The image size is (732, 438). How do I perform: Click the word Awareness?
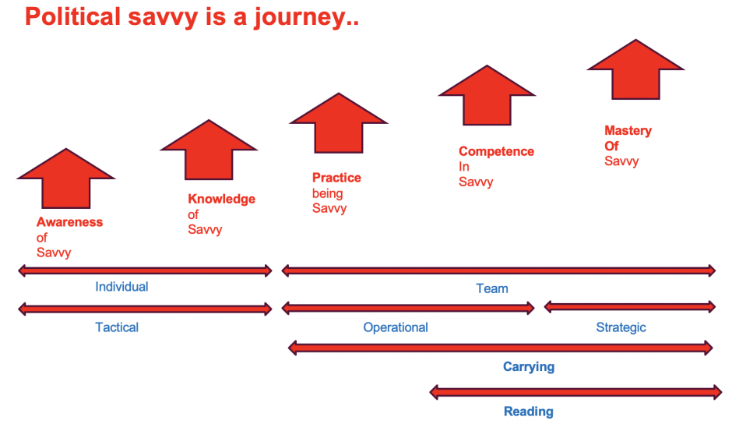click(x=69, y=222)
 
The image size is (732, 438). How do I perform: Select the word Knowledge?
click(x=221, y=200)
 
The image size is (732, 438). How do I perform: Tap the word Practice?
click(x=336, y=178)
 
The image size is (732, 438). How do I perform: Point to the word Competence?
click(x=496, y=152)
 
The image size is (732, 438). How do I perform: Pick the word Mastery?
click(x=628, y=131)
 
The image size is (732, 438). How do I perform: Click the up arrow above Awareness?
click(x=66, y=178)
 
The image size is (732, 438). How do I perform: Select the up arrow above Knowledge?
click(x=209, y=150)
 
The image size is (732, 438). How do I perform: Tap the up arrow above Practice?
click(x=339, y=123)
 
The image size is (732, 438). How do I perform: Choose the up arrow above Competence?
click(x=487, y=95)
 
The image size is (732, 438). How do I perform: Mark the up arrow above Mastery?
click(x=635, y=69)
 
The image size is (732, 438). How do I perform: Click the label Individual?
click(x=121, y=287)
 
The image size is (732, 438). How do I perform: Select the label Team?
click(x=492, y=288)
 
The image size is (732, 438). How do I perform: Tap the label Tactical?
click(x=117, y=327)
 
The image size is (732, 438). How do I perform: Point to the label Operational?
click(x=396, y=327)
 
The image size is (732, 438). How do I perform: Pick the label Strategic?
click(x=621, y=327)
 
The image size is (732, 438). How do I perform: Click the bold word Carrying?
click(x=529, y=367)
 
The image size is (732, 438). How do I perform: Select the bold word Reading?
click(x=529, y=412)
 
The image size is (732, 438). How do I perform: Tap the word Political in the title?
click(x=73, y=16)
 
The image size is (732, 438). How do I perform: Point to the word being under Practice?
click(x=327, y=194)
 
